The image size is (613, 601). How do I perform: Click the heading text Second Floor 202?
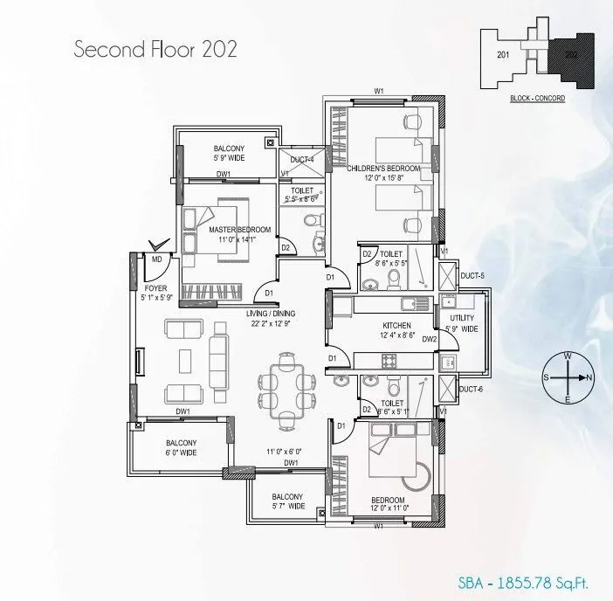click(154, 48)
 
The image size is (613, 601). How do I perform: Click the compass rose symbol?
click(568, 377)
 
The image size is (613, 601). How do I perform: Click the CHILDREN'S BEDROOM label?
click(384, 168)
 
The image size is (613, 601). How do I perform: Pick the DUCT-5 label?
click(472, 276)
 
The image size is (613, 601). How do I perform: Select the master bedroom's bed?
click(215, 229)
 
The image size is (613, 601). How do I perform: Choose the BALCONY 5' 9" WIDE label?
click(229, 155)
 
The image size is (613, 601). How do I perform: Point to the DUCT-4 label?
click(302, 159)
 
